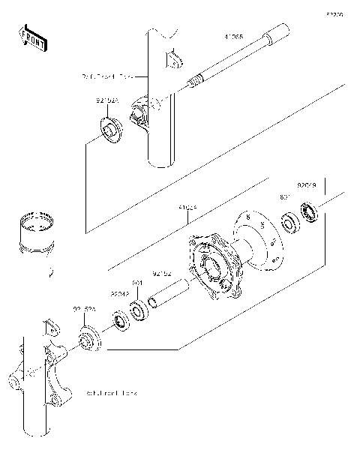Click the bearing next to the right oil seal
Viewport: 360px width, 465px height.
[289, 223]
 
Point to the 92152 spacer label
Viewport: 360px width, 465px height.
[163, 273]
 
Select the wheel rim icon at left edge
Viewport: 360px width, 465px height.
[35, 235]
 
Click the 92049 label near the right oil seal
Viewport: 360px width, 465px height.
[307, 182]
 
